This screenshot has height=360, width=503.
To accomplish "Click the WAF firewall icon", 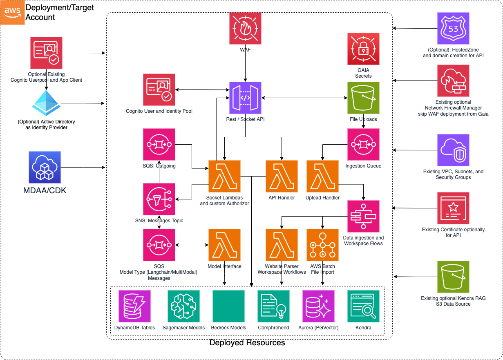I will point(245,28).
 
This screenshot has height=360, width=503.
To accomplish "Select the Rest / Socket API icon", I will point(245,98).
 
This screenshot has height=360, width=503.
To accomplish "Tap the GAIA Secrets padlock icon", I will point(363,49).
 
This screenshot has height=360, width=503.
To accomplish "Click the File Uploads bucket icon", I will point(363,98).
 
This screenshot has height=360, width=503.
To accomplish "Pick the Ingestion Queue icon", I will point(363,145).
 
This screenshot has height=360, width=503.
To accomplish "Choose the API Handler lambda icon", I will point(282,176).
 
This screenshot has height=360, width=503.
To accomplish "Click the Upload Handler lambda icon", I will point(322,176).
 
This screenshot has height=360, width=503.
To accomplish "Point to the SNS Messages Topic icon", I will point(159,199).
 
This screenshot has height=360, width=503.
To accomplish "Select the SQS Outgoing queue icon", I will point(159,145).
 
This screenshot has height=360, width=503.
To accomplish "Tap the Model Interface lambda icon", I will point(224,245).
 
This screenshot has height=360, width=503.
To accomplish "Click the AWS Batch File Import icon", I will point(322,245).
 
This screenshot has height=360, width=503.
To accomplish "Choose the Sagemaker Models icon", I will point(183,306).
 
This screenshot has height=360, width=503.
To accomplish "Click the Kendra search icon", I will point(363,306).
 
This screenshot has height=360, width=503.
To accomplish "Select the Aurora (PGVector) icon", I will point(318,306).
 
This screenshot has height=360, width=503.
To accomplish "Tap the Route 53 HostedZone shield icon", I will point(453,28).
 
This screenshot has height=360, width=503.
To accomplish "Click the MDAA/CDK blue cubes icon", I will point(45,167).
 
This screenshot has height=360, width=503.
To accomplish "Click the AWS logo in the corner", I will point(12,12).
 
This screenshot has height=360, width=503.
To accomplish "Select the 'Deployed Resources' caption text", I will point(247,343).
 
